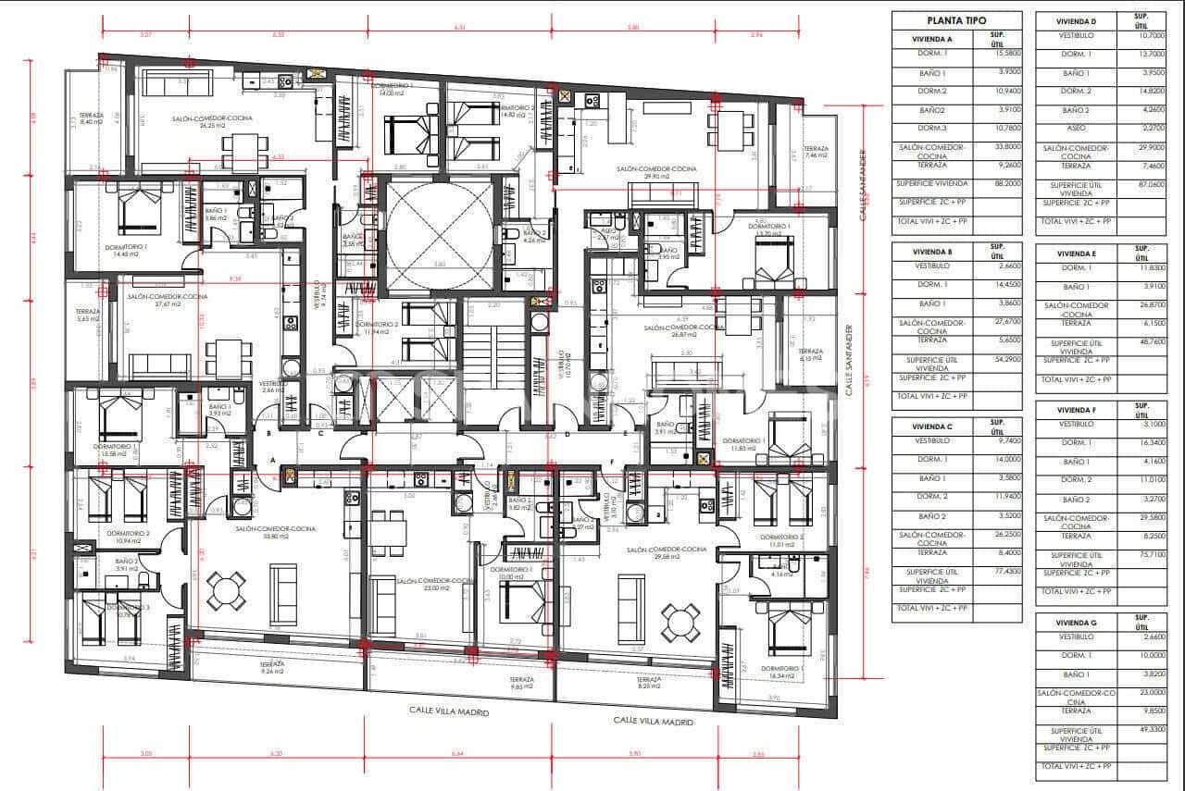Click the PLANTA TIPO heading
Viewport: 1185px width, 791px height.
point(956,20)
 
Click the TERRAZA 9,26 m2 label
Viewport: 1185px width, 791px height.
point(272,668)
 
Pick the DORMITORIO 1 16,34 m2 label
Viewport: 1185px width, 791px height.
point(783,673)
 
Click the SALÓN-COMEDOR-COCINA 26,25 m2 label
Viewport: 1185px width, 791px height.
point(212,122)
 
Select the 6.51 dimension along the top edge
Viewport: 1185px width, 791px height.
point(459,28)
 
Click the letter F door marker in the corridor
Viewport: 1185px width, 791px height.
point(611,461)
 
